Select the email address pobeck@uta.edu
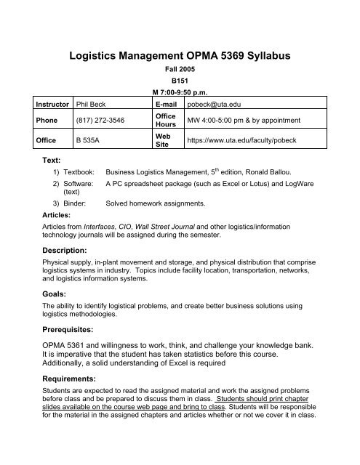[x=217, y=114]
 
